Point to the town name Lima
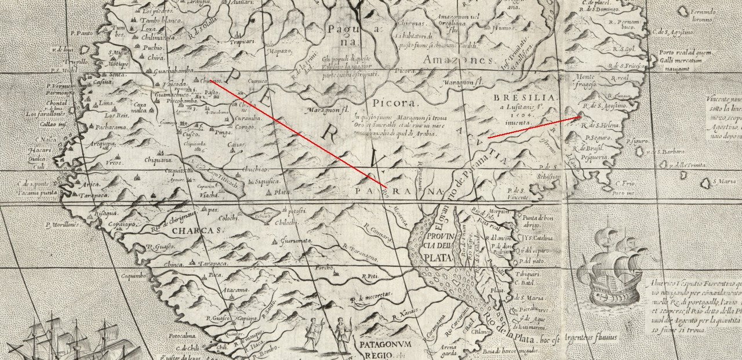tap(107, 103)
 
